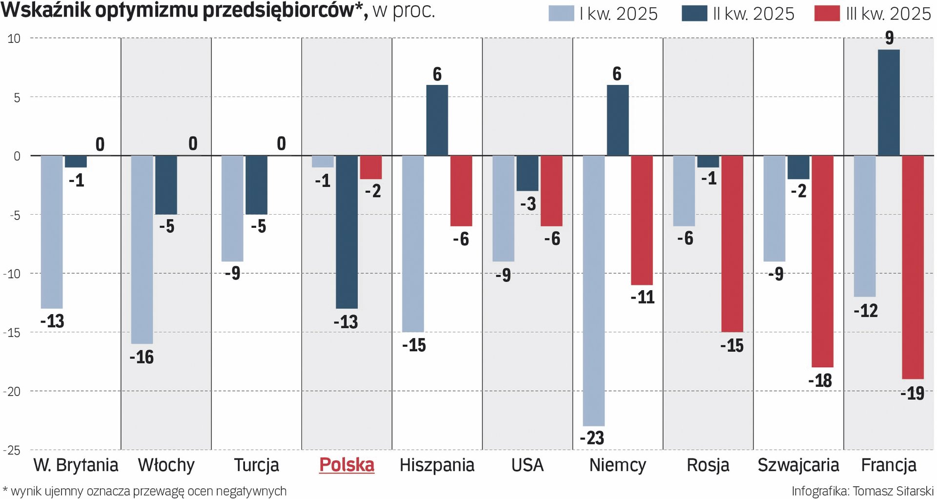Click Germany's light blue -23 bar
point(593,291)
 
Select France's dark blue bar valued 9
point(889,102)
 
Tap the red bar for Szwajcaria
point(822,261)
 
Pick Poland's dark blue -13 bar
point(346,232)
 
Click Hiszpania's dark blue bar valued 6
point(437,120)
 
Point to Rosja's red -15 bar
point(732,243)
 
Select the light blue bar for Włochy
point(142,249)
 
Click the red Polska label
point(346,465)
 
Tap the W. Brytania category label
point(76,465)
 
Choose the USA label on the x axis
point(527,465)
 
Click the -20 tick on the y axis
point(12,391)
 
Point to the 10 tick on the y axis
point(14,39)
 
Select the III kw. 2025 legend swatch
point(827,14)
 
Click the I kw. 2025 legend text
point(618,14)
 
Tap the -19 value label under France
point(912,393)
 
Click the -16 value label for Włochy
point(142,357)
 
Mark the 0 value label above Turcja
point(281,143)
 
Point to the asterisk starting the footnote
point(5,489)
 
